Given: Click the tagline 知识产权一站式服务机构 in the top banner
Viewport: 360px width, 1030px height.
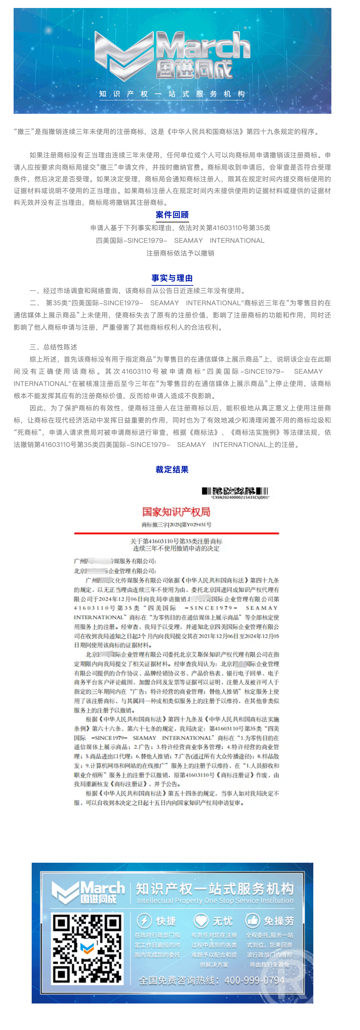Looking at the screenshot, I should click(172, 94).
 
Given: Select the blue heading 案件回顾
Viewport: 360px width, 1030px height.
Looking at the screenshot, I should click(172, 215).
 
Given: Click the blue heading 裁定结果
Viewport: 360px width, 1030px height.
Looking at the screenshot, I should click(172, 469).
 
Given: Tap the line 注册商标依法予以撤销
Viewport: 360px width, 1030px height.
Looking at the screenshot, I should click(180, 253).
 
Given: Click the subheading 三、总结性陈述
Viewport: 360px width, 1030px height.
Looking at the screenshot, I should click(53, 347).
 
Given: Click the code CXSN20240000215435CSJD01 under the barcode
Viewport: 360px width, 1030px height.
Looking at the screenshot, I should click(240, 497).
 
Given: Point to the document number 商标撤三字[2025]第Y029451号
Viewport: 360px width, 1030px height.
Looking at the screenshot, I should click(176, 525).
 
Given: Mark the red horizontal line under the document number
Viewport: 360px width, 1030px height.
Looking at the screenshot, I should click(176, 533).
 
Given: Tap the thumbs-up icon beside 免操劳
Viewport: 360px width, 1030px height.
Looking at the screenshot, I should click(253, 920).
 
